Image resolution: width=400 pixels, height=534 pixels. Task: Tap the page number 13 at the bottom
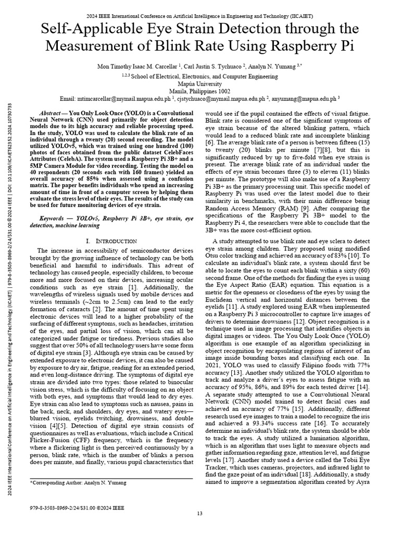tap(199, 514)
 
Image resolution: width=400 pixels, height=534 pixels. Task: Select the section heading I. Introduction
tap(110, 241)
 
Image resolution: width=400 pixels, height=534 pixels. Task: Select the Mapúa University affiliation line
tap(199, 82)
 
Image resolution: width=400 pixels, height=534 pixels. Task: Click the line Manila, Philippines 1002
tap(199, 90)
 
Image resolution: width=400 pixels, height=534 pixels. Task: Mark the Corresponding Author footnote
tap(78, 483)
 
